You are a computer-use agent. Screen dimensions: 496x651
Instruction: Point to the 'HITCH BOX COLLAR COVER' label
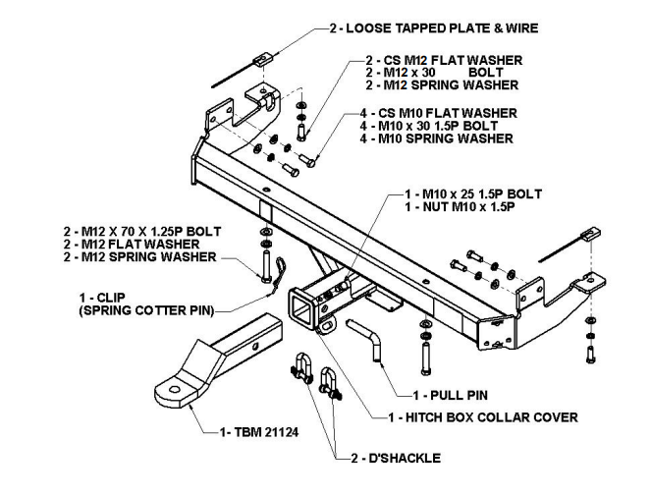click(490, 417)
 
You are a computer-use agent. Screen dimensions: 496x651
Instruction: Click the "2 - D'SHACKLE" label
click(396, 458)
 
